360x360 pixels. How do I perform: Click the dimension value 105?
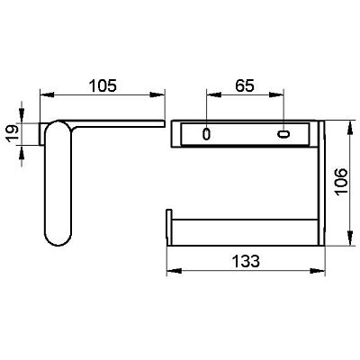point(103,85)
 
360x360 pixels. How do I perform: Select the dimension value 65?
point(245,85)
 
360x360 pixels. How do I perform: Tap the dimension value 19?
point(13,133)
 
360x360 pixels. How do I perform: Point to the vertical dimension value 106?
point(341,182)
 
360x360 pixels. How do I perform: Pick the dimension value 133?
point(246,261)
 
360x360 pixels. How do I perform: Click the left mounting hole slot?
point(206,134)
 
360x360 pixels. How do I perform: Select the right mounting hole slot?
point(283,134)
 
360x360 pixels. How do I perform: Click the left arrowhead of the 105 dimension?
point(47,94)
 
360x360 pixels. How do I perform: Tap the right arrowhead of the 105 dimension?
point(157,94)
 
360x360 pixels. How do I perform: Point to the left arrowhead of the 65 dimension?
point(213,94)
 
